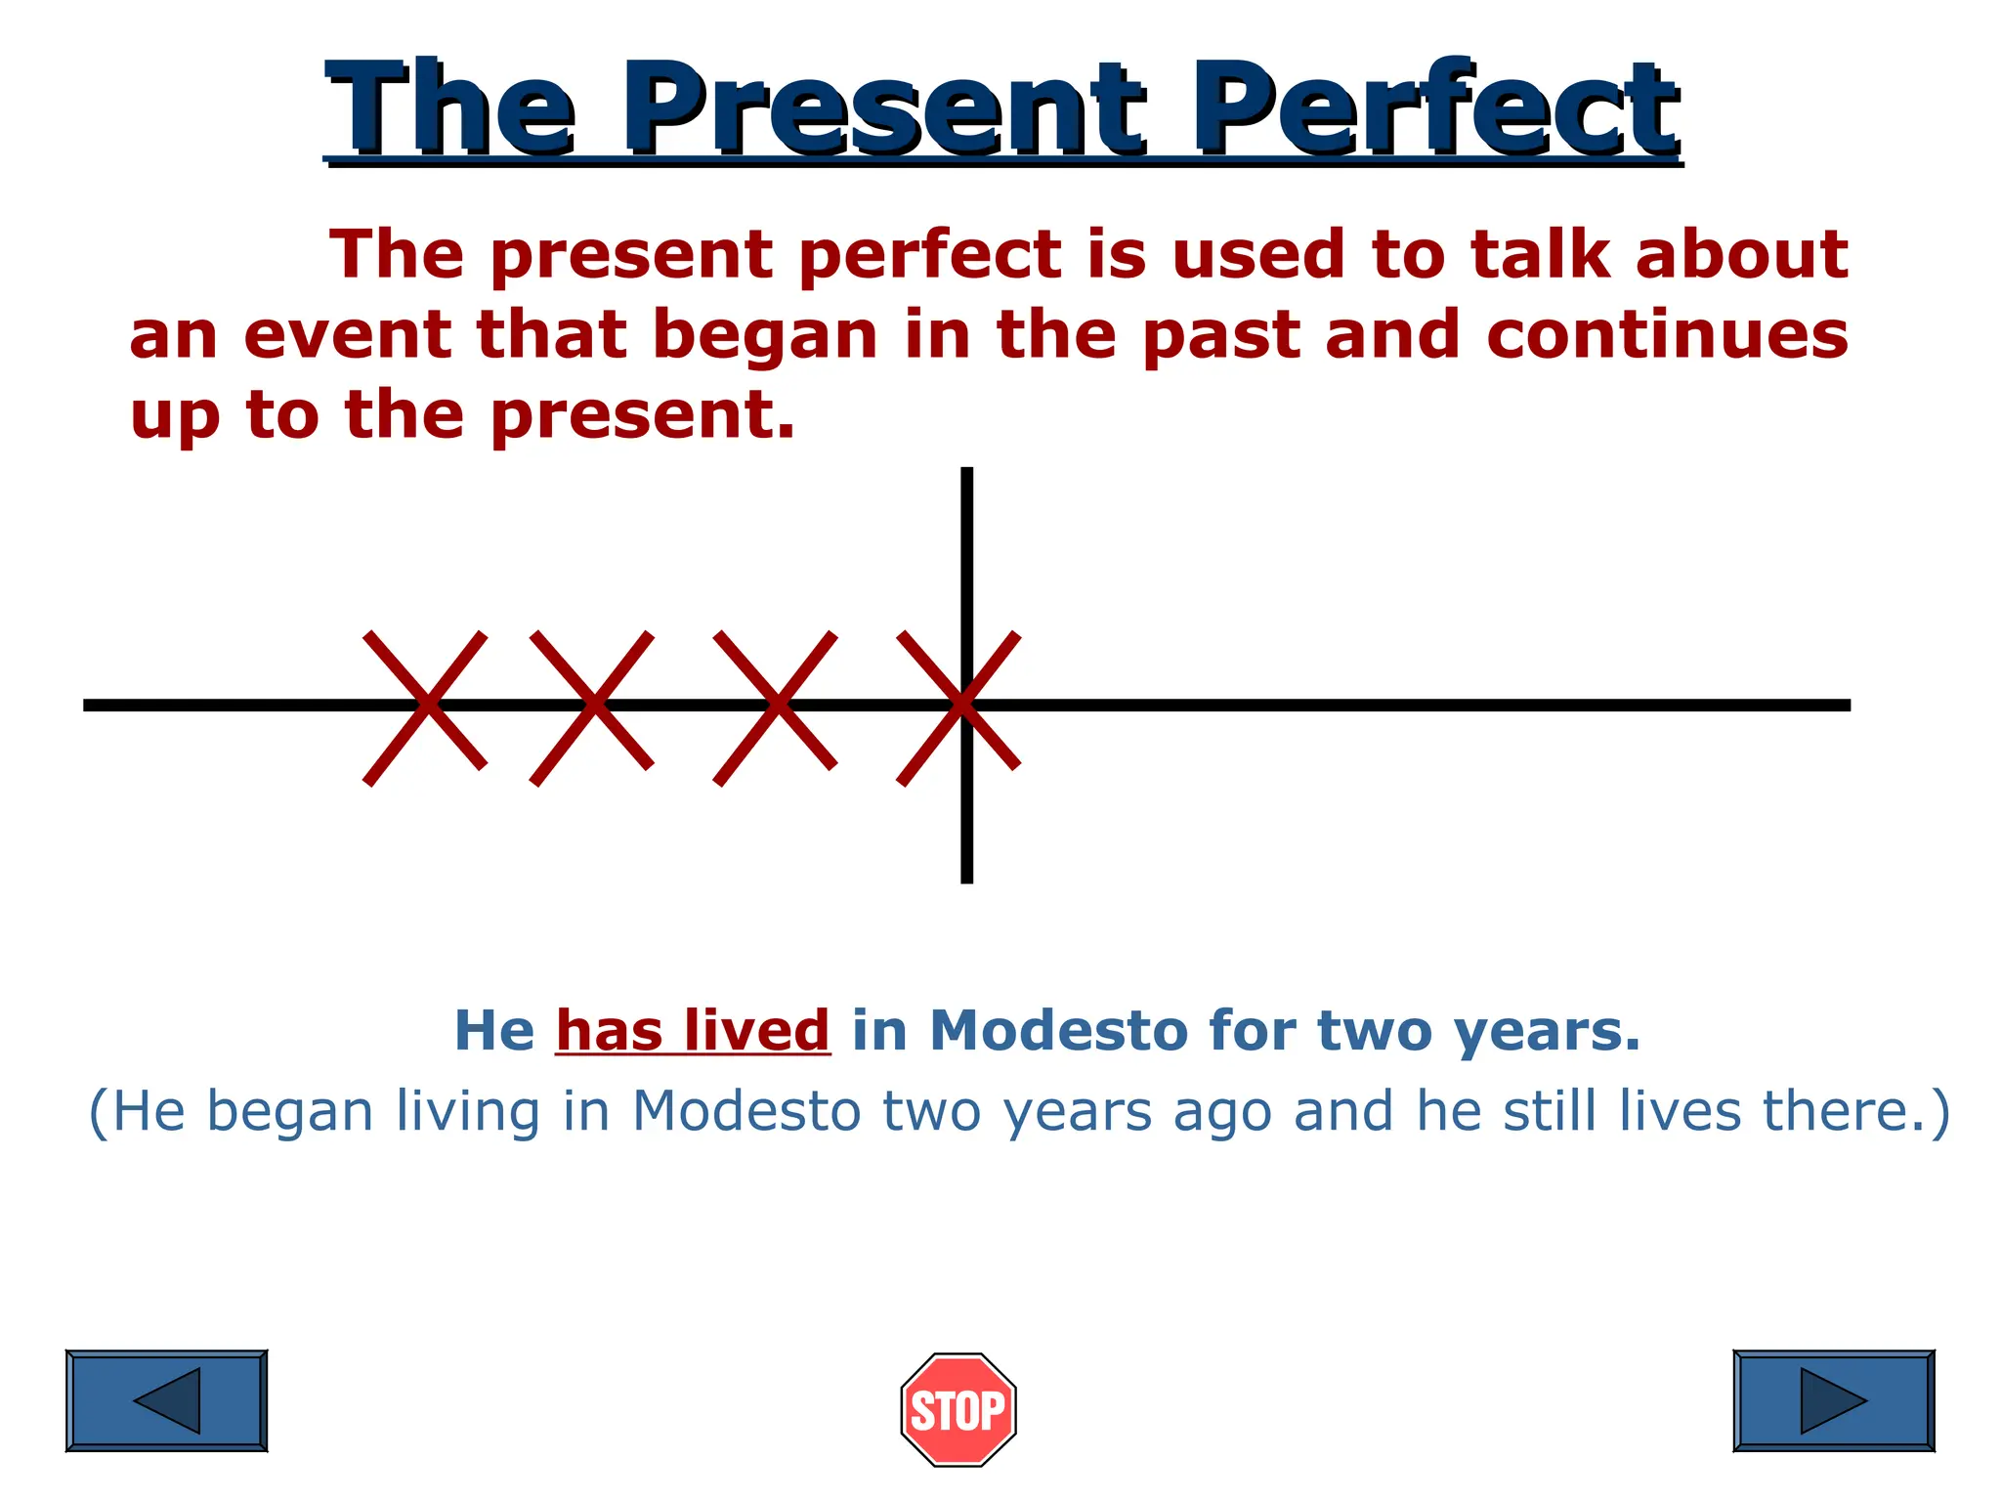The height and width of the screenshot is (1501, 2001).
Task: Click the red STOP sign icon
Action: tap(958, 1409)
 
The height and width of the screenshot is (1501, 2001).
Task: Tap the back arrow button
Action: tap(166, 1400)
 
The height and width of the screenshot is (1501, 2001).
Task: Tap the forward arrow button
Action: tap(1833, 1400)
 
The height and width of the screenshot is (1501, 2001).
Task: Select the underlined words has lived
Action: tap(693, 1030)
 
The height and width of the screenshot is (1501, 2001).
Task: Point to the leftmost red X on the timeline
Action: tap(425, 707)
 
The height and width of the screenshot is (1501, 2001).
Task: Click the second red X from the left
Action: tap(592, 707)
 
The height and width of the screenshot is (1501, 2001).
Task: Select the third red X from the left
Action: tap(776, 707)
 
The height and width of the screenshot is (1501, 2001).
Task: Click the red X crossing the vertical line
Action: tap(959, 707)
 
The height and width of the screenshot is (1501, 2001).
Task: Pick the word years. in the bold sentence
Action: tap(1548, 1032)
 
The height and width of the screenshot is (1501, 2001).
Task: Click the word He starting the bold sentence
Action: tap(494, 1030)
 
